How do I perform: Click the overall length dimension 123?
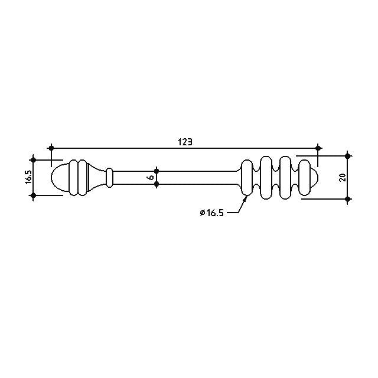185,142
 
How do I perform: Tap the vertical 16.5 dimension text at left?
28,177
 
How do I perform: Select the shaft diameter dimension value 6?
151,177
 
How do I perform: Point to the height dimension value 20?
343,177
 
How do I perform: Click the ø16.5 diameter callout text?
212,213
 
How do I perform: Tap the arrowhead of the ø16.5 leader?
246,198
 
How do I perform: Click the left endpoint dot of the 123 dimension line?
51,148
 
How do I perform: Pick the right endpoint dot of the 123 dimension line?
318,148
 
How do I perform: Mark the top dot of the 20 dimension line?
347,156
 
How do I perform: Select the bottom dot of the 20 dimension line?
347,199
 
